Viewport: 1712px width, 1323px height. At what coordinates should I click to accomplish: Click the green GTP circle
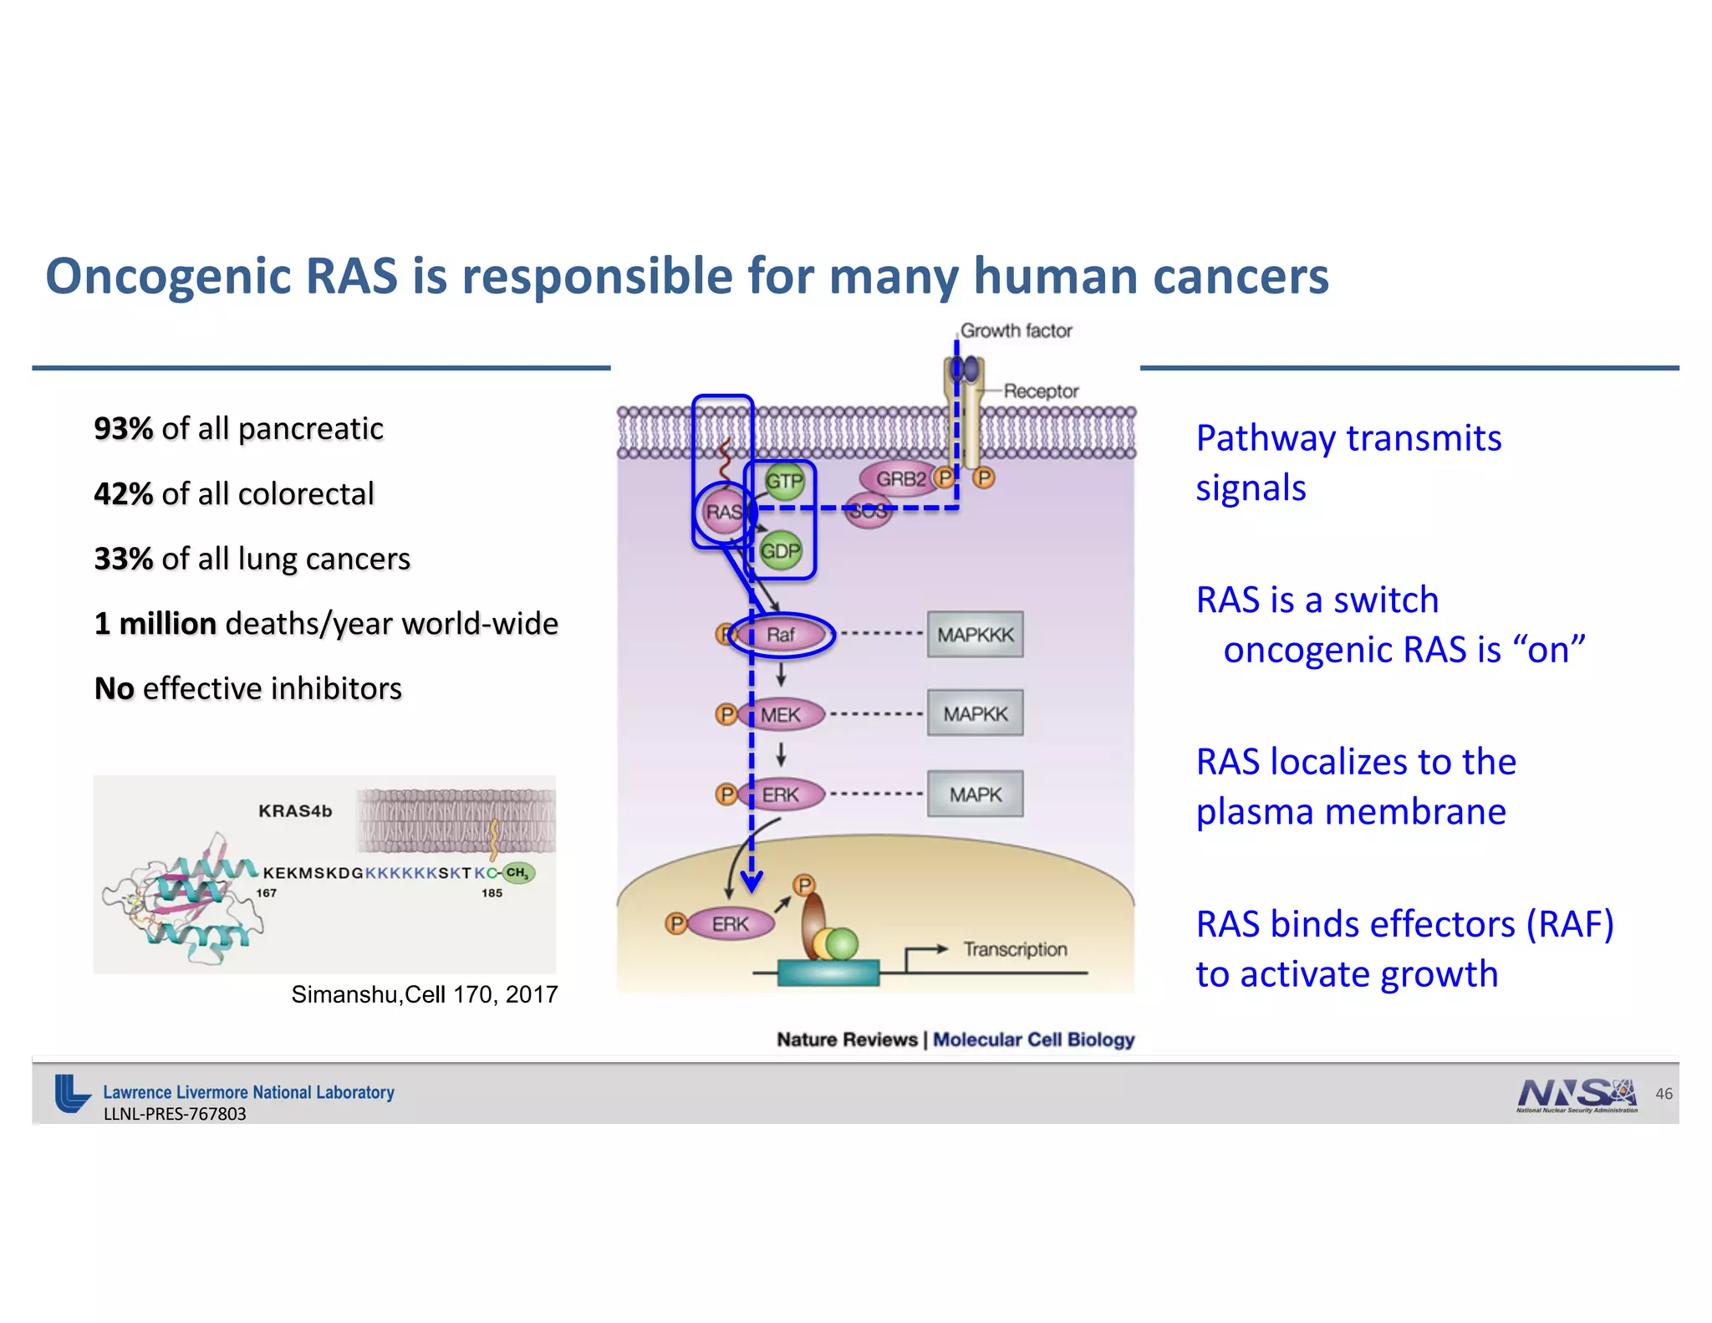tap(784, 482)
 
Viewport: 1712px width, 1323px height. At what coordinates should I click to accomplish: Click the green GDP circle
tap(780, 551)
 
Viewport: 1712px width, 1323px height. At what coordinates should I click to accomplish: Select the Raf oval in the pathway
tap(781, 635)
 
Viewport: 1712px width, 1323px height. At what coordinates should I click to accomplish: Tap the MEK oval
tap(781, 715)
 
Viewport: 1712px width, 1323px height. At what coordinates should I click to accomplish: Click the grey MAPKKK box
tap(975, 635)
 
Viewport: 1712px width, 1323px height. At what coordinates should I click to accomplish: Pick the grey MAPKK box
tap(975, 714)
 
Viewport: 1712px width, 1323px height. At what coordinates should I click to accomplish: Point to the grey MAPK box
tap(975, 794)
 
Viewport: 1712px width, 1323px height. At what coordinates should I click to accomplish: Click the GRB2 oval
tap(899, 479)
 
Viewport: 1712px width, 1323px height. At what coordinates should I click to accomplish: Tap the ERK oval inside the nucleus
tap(730, 924)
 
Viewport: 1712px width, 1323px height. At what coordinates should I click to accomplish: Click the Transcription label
tap(1015, 949)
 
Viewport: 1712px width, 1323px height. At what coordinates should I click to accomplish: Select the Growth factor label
tap(1016, 330)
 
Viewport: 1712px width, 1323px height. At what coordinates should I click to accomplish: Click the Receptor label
tap(1041, 391)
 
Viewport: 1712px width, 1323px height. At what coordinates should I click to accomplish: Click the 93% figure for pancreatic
tap(123, 428)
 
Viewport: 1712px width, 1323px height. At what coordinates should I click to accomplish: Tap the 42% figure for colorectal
tap(123, 493)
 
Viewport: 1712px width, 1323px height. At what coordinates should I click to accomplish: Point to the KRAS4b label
tap(295, 810)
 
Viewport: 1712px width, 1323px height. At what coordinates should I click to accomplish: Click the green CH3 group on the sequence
tap(517, 872)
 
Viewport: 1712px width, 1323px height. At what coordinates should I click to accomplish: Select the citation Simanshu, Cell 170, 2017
tap(424, 994)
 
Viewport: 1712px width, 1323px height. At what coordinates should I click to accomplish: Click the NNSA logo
tap(1576, 1094)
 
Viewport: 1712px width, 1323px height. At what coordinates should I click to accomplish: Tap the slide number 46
tap(1664, 1094)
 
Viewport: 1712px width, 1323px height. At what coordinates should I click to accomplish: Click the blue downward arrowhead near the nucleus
tap(752, 882)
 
